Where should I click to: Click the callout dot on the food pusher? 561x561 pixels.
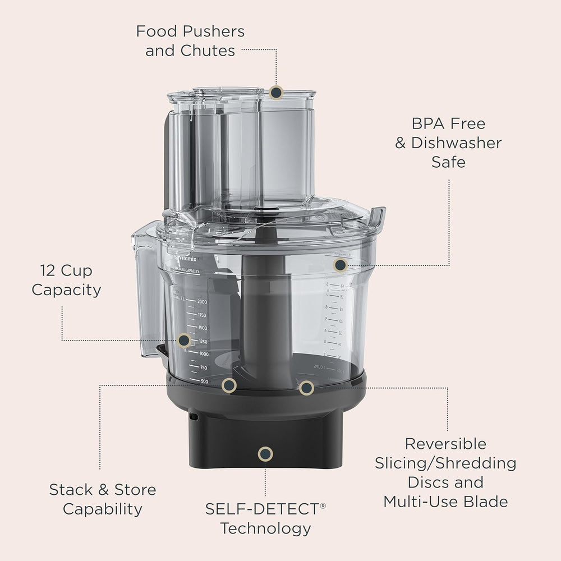tap(276, 92)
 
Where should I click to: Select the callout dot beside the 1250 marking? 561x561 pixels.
tap(183, 340)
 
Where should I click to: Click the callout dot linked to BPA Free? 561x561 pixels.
tap(339, 265)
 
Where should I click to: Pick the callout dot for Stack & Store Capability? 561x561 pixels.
tap(228, 385)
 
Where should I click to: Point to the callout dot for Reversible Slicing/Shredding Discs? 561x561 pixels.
tap(306, 387)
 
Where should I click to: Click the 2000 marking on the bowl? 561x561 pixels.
tap(199, 302)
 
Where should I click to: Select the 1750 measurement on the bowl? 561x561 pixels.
tap(199, 315)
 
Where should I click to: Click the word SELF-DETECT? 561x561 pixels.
tap(261, 509)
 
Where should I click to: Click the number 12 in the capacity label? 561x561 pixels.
tap(49, 271)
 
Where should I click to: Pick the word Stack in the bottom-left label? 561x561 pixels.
tap(71, 490)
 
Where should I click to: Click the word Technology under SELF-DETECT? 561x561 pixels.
tap(265, 528)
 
